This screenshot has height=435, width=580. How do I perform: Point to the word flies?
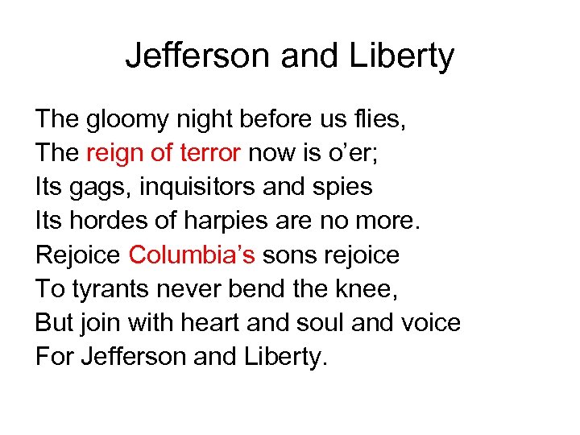(379, 120)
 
